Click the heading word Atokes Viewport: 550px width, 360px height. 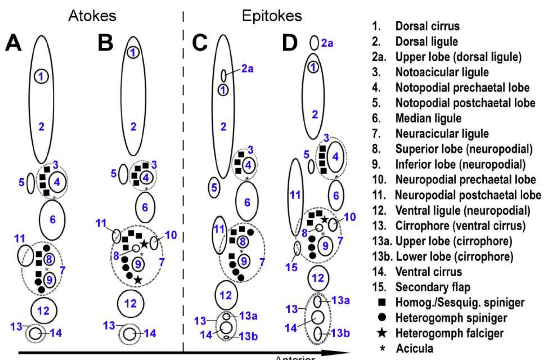click(92, 16)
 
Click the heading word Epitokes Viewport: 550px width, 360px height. click(272, 16)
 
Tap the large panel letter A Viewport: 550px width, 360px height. click(13, 43)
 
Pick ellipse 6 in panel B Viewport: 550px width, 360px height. click(145, 207)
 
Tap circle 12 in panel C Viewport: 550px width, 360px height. click(226, 295)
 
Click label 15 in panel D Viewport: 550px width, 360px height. click(291, 267)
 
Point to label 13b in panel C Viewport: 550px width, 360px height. click(248, 336)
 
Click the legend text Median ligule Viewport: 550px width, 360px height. click(428, 118)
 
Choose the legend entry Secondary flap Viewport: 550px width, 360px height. click(433, 287)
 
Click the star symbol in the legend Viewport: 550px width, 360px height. click(382, 333)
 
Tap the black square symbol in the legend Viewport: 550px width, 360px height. click(382, 302)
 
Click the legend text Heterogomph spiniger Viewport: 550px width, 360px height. click(451, 318)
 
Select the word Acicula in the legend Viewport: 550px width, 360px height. click(415, 348)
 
